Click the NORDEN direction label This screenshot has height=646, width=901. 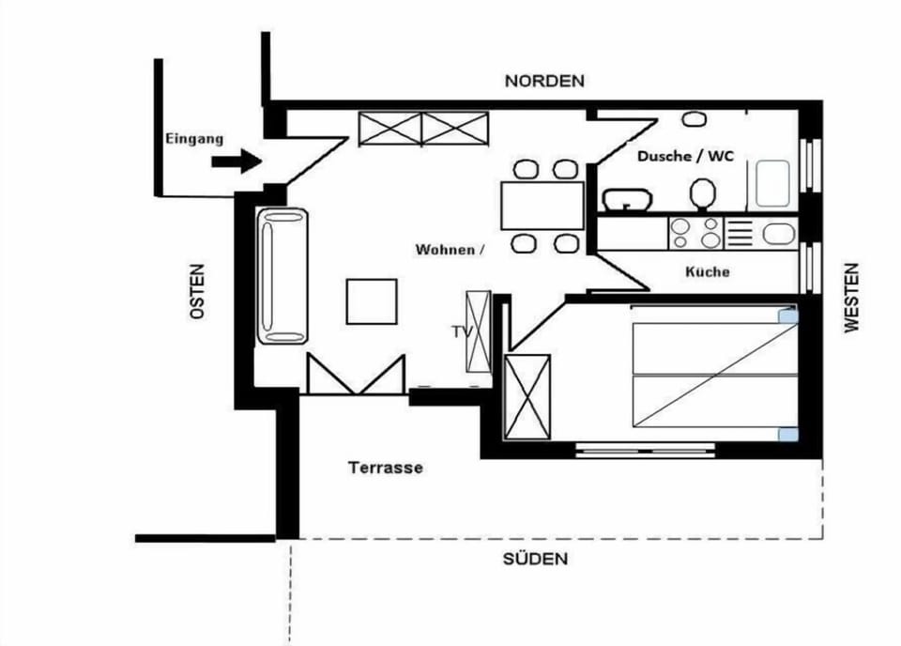(x=544, y=81)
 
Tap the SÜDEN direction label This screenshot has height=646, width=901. (x=536, y=559)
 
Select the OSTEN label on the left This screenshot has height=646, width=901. (x=196, y=291)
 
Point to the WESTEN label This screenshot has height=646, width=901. (x=851, y=297)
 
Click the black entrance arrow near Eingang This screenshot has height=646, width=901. (x=237, y=161)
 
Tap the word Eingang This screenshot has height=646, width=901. (x=194, y=139)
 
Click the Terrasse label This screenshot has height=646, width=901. (x=386, y=468)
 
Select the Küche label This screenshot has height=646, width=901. (x=708, y=271)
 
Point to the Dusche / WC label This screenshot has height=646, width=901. (x=685, y=156)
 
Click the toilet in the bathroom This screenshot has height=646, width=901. (x=702, y=194)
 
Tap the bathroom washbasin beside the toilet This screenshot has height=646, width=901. (x=627, y=200)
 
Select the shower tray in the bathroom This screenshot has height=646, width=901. (x=772, y=184)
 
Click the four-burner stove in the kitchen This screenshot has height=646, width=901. (x=695, y=233)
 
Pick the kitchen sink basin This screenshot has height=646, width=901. (x=779, y=234)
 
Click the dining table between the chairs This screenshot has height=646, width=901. (x=542, y=206)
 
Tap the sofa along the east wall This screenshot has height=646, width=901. (x=283, y=276)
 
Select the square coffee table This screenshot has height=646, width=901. (x=372, y=301)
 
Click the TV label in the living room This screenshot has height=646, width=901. (x=462, y=331)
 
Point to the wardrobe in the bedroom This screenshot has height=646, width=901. (x=527, y=397)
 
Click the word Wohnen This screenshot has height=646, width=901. (x=445, y=250)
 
